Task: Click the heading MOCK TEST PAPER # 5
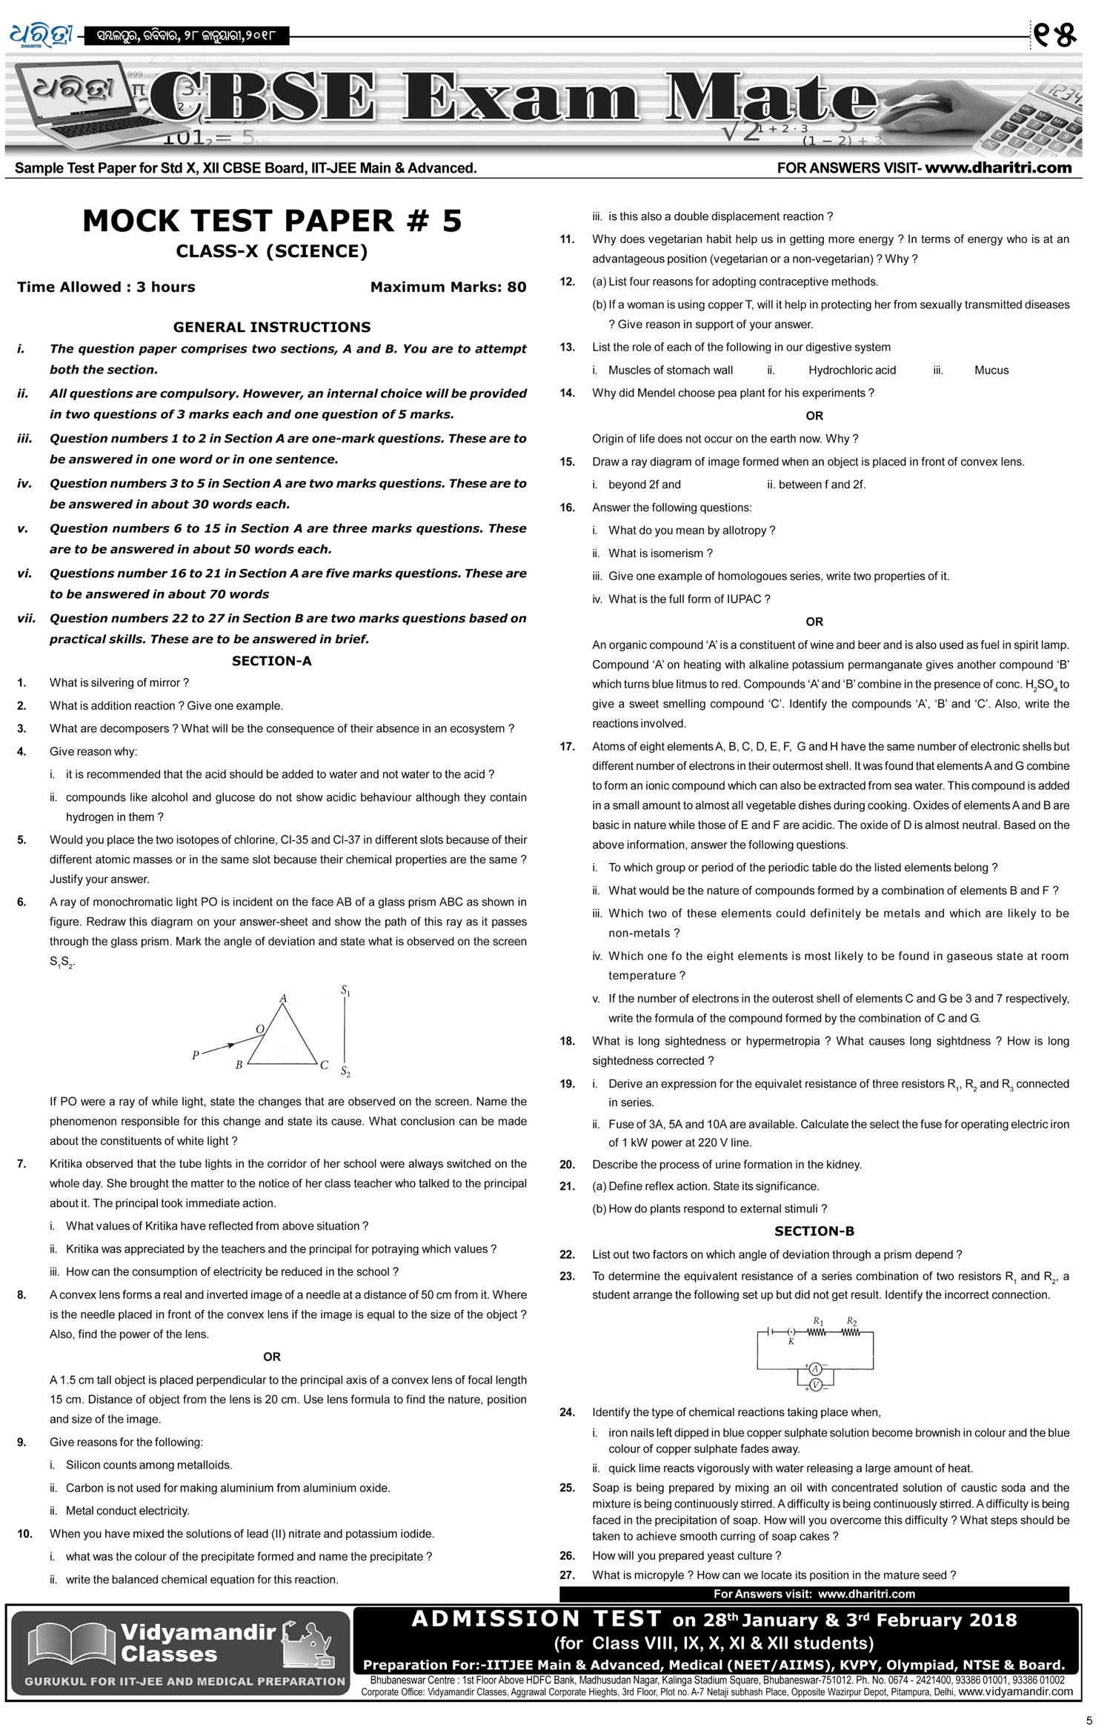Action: tap(272, 221)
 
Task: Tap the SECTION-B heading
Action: tap(814, 1231)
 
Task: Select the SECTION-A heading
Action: tap(271, 661)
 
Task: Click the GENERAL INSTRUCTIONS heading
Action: tap(271, 327)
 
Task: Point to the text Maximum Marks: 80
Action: tap(448, 287)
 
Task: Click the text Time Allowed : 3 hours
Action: tap(106, 287)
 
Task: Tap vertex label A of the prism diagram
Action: tap(283, 998)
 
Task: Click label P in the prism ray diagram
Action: tap(195, 1054)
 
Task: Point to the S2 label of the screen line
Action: tap(345, 1071)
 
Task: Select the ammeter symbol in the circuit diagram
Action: tap(815, 1368)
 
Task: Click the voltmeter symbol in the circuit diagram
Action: tap(815, 1385)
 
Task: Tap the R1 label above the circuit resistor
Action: tap(818, 1321)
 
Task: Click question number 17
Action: tap(567, 747)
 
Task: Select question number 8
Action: tap(21, 1294)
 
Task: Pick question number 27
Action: tap(567, 1574)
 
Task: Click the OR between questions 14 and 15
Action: tap(814, 416)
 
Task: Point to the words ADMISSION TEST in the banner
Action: tap(536, 1619)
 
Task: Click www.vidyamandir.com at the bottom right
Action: tap(1015, 1692)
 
